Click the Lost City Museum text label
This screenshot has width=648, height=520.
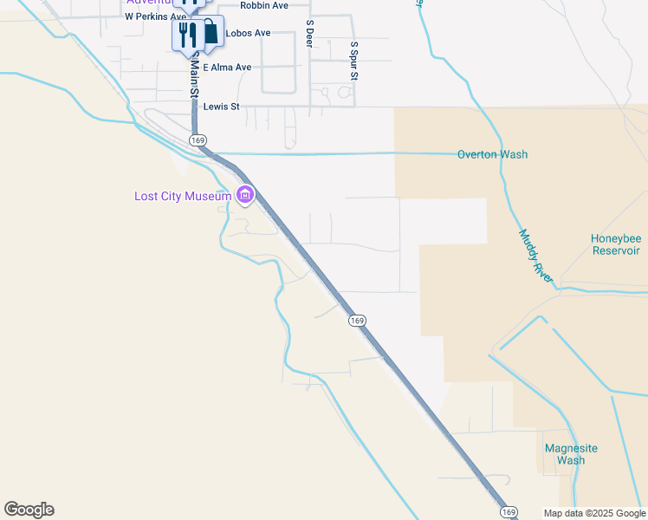[x=183, y=196]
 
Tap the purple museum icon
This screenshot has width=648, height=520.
[x=245, y=196]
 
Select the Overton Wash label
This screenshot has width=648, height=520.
[x=492, y=155]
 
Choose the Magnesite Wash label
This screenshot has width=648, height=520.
[x=571, y=454]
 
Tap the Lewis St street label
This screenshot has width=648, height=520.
[x=221, y=107]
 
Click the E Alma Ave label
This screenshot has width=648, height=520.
[x=227, y=68]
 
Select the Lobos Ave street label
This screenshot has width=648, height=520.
[x=248, y=33]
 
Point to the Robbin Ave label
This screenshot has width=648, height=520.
[x=264, y=5]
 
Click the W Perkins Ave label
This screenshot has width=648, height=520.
[x=155, y=16]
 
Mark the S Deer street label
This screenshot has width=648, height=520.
[x=309, y=34]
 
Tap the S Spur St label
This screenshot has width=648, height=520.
[x=353, y=61]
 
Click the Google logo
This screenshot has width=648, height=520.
[x=29, y=510]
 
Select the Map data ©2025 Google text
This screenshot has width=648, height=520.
[x=593, y=513]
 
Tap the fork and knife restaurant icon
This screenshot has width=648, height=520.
[x=185, y=36]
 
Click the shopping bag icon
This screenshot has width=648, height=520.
[x=211, y=33]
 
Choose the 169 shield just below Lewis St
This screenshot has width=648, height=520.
[x=198, y=140]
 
